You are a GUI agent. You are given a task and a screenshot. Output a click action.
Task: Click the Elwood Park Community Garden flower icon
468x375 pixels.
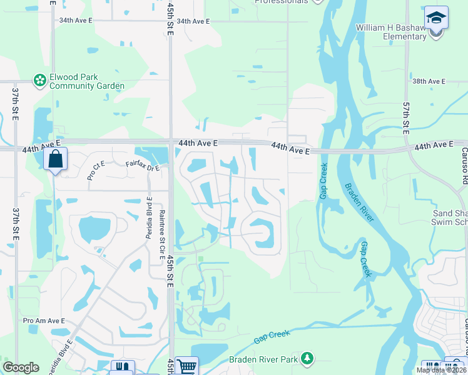(x=40, y=80)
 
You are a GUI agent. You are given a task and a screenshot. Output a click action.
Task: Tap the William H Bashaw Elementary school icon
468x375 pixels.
(x=436, y=17)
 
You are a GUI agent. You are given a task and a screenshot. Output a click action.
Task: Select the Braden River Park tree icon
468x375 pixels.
(x=307, y=358)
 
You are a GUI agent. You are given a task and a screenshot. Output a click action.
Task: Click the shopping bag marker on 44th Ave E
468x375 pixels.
(x=55, y=159)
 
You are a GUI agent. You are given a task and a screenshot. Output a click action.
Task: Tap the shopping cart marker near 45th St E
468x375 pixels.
(x=186, y=366)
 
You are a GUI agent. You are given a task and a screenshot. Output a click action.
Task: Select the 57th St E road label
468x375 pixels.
(x=405, y=119)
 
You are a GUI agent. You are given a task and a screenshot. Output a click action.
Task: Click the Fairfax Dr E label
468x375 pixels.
(x=143, y=166)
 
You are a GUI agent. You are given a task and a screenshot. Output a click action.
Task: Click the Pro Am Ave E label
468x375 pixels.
(x=44, y=321)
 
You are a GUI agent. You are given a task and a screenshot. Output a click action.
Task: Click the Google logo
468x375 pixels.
(x=21, y=367)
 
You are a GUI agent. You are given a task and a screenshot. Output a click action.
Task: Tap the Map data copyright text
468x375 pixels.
(x=441, y=370)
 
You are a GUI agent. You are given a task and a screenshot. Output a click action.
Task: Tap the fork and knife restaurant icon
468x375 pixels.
(x=122, y=367)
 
